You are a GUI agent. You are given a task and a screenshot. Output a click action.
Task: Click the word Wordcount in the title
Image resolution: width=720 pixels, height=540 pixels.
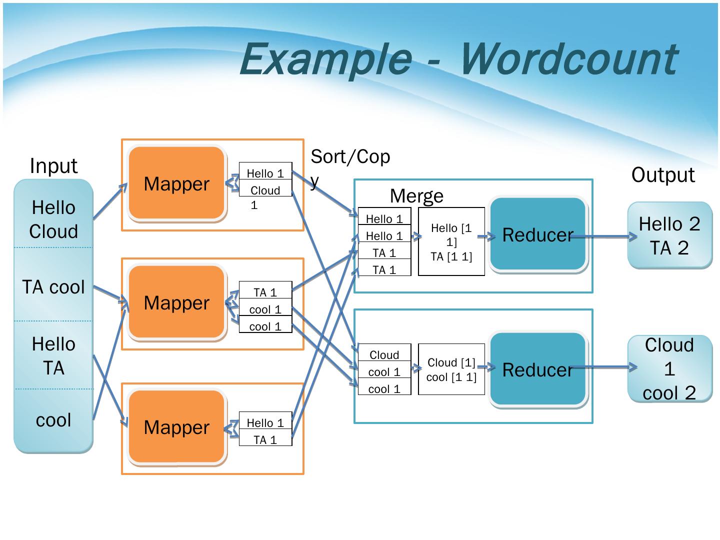pos(568,59)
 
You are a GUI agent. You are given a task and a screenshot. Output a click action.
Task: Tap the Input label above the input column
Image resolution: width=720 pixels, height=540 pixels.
pos(54,166)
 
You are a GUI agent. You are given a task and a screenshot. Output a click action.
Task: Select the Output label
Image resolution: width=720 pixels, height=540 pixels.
pos(663,175)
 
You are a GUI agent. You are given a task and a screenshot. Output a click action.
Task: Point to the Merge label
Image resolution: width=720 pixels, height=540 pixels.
pos(416,196)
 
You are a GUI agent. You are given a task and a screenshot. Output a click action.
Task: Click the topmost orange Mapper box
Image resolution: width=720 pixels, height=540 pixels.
pos(177,183)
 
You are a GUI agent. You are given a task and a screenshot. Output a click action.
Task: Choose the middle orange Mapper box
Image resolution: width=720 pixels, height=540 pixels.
pos(177,302)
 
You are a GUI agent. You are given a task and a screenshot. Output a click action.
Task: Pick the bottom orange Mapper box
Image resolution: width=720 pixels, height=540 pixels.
pos(177,427)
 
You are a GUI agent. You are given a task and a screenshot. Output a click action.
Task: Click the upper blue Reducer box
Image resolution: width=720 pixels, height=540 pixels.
pos(538,234)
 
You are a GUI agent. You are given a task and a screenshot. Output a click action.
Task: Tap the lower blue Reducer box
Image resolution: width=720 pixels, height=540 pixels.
pos(538,369)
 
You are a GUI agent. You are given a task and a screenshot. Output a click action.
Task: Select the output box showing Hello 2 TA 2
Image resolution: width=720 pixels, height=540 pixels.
pos(669,235)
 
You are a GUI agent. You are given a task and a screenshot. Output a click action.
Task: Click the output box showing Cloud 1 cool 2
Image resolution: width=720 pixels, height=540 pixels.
pos(669,368)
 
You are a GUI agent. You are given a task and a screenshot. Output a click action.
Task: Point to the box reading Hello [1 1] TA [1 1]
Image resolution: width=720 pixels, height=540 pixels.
pos(451,241)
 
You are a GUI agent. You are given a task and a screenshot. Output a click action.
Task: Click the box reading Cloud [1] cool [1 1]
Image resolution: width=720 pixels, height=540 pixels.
pos(451,369)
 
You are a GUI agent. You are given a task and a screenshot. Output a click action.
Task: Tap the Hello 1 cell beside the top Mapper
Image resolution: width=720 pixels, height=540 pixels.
pos(265,171)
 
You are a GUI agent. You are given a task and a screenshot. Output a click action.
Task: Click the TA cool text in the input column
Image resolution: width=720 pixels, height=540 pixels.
pos(53,287)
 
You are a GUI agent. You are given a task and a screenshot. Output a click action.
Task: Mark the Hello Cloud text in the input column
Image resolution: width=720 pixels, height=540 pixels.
pos(53,219)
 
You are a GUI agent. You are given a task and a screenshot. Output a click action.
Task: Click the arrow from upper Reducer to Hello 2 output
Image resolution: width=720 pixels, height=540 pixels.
pos(604,236)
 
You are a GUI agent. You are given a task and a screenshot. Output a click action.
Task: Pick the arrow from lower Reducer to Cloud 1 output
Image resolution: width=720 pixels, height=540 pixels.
pos(604,367)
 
